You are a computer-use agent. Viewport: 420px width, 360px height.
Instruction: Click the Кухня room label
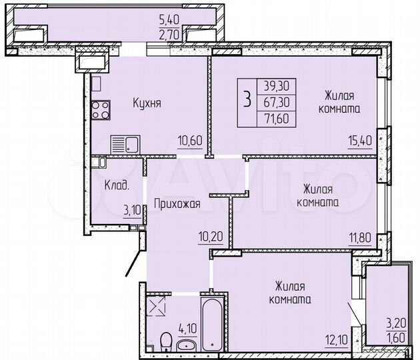(147, 103)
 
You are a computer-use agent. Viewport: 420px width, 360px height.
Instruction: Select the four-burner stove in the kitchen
(101, 109)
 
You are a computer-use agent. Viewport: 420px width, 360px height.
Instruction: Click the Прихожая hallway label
(177, 205)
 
